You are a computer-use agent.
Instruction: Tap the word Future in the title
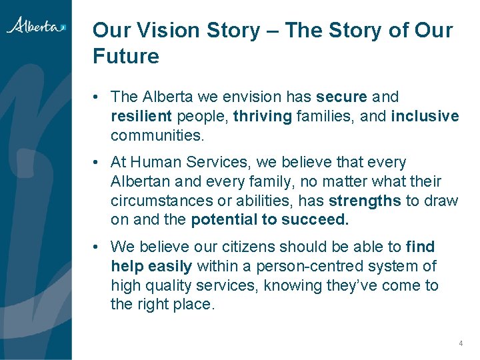point(126,56)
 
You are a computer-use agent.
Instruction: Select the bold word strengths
point(365,201)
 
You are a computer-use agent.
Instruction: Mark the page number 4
point(460,343)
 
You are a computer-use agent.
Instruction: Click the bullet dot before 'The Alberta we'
point(97,97)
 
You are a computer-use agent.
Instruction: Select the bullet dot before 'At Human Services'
point(97,162)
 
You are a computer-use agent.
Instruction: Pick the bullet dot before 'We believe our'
point(97,247)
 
